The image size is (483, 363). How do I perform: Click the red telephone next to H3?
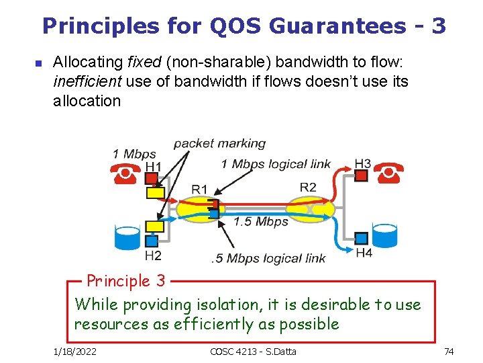tap(388, 173)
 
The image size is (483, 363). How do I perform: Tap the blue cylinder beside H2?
tap(127, 236)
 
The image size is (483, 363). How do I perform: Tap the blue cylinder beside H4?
tap(385, 235)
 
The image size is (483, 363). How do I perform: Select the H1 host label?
tap(154, 166)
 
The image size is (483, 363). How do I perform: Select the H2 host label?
tap(153, 255)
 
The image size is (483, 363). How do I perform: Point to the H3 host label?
tap(362, 163)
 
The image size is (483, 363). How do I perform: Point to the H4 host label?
tap(364, 253)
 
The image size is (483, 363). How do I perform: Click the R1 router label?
tap(199, 189)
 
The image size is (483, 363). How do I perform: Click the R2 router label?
tap(308, 187)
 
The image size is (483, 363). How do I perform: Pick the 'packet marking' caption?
tap(219, 143)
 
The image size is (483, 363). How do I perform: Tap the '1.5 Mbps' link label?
tap(261, 221)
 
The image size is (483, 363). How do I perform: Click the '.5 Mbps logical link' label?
tap(268, 258)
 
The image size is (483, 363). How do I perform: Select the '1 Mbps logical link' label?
tap(277, 164)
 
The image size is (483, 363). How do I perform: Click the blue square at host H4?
tap(362, 238)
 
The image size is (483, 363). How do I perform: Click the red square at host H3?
tap(362, 175)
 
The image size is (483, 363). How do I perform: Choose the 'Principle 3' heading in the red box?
tap(125, 280)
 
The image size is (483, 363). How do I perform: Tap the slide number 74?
tap(449, 352)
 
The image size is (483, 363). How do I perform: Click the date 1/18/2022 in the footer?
tap(75, 352)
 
